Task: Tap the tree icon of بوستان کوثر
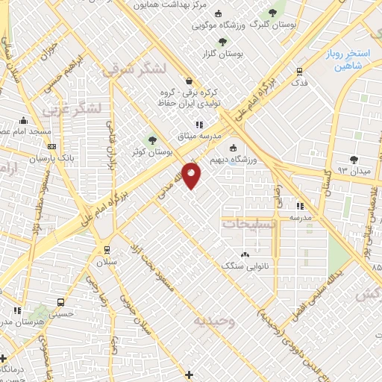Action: pyautogui.click(x=152, y=140)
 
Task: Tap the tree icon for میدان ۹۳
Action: pyautogui.click(x=354, y=160)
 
